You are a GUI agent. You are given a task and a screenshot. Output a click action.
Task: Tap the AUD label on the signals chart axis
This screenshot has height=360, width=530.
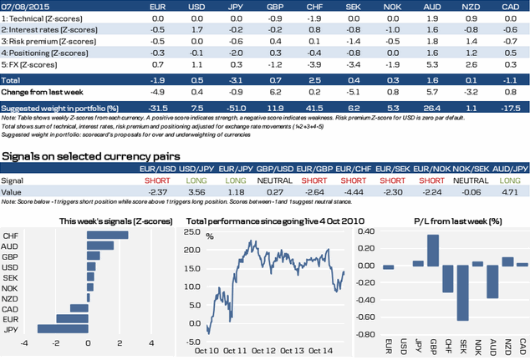point(13,246)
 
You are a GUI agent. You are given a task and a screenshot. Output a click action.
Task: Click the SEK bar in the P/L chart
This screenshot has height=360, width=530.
point(462,293)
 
